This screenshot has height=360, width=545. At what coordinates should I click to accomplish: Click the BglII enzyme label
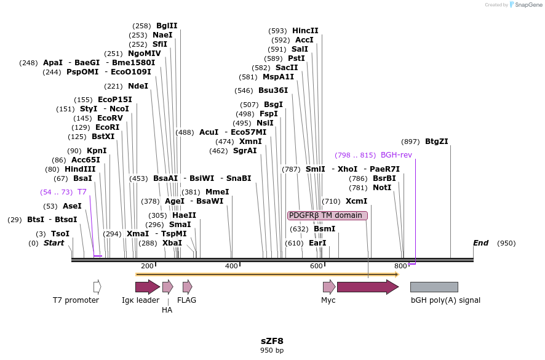coord(167,26)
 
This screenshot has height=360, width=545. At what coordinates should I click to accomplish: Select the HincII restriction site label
coord(305,31)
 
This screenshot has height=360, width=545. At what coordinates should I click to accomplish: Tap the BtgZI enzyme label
coord(437,142)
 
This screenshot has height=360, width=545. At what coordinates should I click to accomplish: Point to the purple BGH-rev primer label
coord(396,155)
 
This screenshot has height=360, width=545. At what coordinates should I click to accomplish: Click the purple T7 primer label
coord(82,192)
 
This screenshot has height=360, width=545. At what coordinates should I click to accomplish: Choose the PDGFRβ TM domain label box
coord(327,215)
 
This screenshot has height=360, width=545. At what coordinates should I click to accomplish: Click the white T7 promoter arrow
coord(97,287)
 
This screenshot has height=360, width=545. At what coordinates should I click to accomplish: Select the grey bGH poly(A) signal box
coord(434,287)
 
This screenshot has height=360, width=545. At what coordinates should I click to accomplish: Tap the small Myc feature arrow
coord(329,287)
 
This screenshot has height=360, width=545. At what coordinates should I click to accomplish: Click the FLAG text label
coord(186,300)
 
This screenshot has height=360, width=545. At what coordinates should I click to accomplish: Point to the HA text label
coord(167,310)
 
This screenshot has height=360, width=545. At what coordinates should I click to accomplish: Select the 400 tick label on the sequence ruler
coord(231,266)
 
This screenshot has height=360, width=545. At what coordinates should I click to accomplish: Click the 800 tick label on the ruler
coord(400,266)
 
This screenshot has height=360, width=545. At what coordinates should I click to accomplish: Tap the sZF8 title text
coord(272,341)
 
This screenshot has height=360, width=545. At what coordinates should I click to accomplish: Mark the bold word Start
coord(54,243)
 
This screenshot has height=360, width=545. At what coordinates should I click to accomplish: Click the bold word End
coord(480,243)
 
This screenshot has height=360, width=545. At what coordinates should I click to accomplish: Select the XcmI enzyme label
coord(356,201)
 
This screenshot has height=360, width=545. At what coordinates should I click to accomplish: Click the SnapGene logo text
coord(528,5)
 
